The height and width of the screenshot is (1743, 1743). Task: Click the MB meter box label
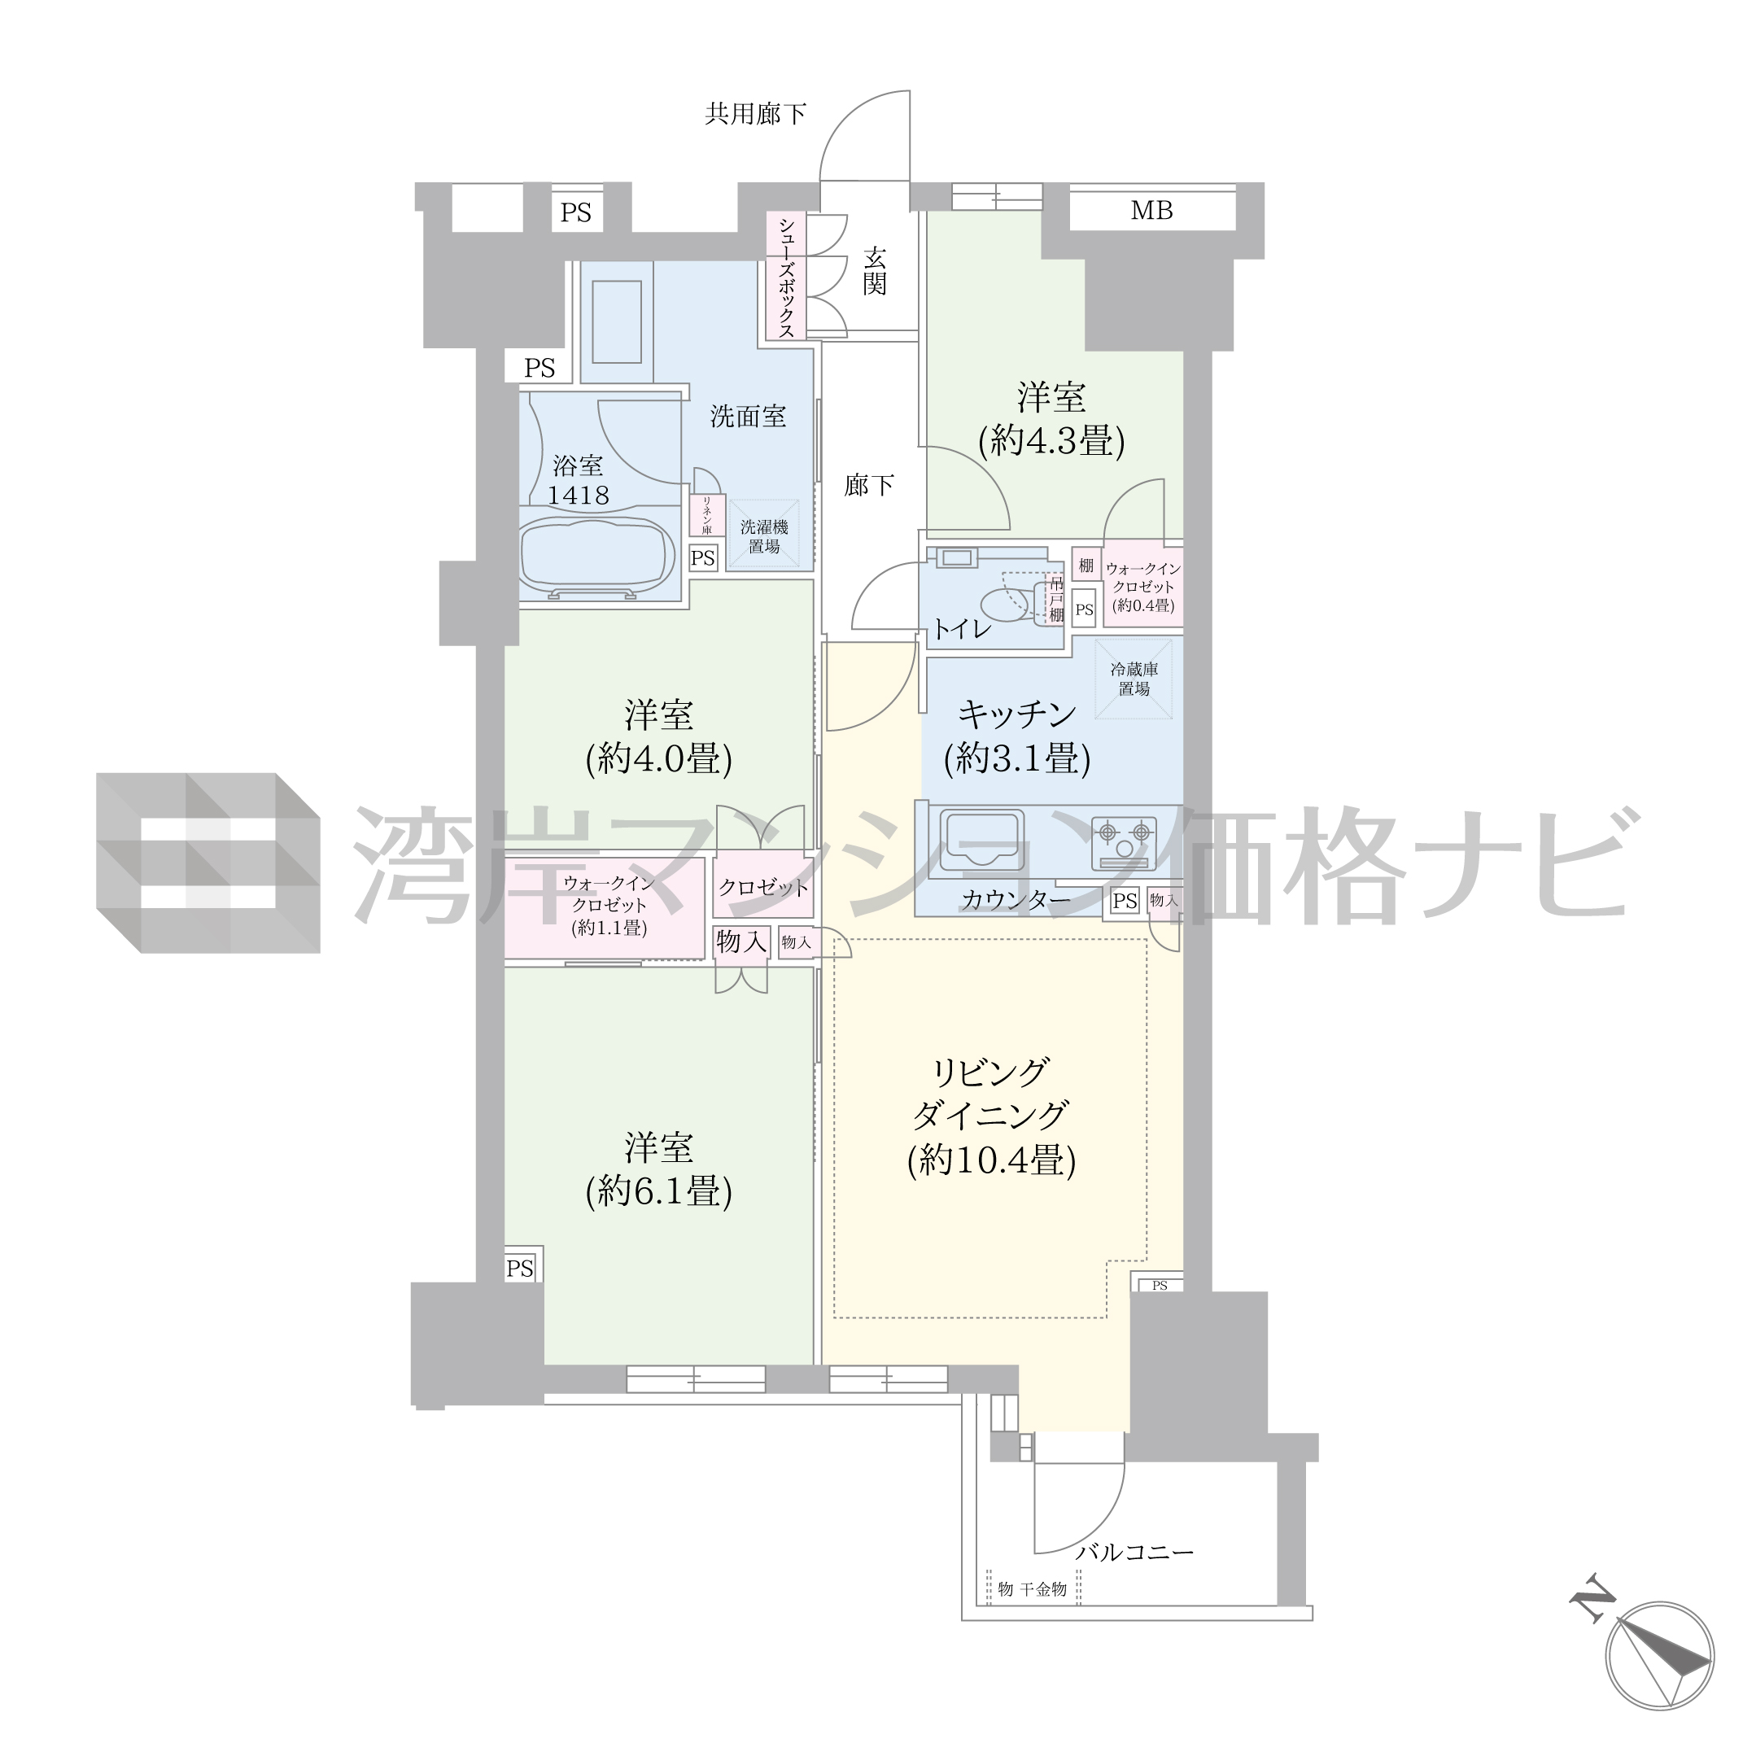1152,210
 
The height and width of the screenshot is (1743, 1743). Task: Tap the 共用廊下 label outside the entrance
755,114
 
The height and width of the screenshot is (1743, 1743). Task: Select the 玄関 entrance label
874,272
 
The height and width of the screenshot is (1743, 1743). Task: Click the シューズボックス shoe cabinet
786,276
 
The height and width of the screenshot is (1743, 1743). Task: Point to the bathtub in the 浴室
597,556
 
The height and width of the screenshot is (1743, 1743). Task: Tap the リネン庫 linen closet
706,515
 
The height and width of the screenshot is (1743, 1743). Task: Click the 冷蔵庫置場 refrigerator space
1134,679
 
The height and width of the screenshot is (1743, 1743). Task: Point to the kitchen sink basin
981,841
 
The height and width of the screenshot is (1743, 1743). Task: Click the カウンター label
1016,899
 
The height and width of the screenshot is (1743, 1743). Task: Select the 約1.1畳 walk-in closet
605,907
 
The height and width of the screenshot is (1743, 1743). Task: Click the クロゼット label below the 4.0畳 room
763,887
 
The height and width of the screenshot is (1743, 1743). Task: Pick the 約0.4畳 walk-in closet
1143,588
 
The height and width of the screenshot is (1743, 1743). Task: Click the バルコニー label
1134,1553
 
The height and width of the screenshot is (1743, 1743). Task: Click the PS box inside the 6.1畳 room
521,1268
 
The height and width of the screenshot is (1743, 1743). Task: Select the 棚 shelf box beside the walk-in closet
1086,566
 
